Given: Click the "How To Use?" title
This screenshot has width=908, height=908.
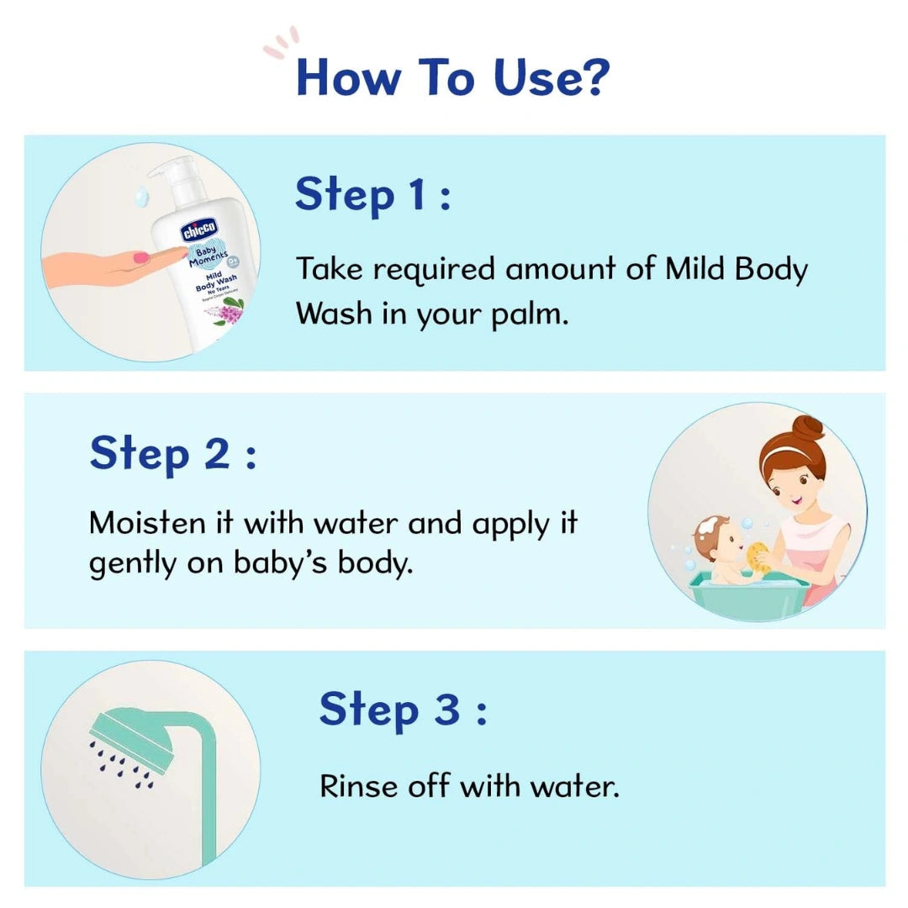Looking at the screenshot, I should [451, 77].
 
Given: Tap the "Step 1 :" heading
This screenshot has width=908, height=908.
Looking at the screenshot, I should [372, 194].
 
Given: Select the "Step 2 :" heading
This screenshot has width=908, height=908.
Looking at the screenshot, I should [172, 454].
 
